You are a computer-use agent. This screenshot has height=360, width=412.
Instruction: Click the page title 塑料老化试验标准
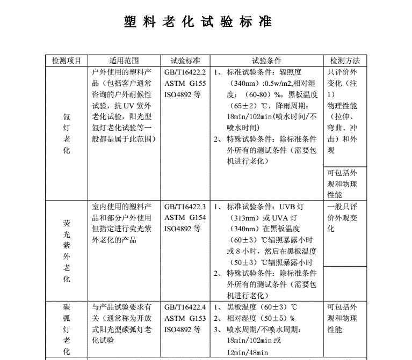198,22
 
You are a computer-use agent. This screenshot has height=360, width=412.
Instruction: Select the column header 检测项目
67,61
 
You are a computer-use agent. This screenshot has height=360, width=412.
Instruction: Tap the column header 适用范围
124,61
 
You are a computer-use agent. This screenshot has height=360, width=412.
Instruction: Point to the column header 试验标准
185,61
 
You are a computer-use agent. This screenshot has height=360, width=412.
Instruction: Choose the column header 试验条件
266,61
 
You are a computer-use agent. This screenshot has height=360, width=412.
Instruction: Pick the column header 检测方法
345,61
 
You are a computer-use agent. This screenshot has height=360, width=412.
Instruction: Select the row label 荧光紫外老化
67,251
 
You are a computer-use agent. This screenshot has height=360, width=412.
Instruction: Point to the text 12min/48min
248,352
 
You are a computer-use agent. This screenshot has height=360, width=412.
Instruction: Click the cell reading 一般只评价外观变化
342,218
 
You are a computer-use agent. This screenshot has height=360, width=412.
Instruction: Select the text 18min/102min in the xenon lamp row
250,117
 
